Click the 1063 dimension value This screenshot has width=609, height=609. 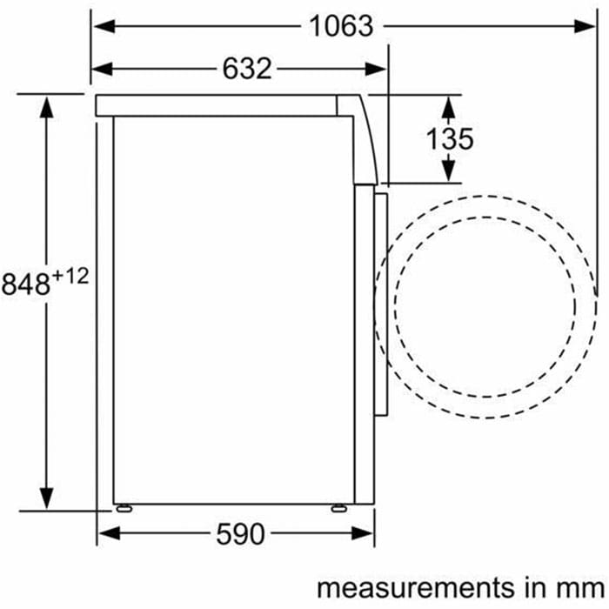pyautogui.click(x=341, y=26)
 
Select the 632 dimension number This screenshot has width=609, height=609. pyautogui.click(x=247, y=69)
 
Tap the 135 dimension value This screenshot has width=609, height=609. pyautogui.click(x=450, y=138)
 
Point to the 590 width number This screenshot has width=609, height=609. pyautogui.click(x=240, y=534)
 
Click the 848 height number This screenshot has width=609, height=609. pyautogui.click(x=25, y=284)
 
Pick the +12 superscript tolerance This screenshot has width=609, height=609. pyautogui.click(x=70, y=277)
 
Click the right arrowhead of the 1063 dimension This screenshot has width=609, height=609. pyautogui.click(x=585, y=26)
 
